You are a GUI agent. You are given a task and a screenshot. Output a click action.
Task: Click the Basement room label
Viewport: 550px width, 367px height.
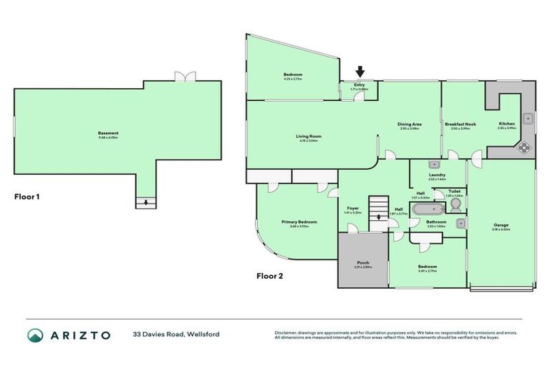tap(108, 133)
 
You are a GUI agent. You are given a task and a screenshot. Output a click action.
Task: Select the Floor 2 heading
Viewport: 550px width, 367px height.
tap(271, 275)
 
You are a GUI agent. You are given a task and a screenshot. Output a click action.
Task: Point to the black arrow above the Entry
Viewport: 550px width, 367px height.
tap(360, 71)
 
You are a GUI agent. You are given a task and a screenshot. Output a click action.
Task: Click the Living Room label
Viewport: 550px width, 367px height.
tap(309, 136)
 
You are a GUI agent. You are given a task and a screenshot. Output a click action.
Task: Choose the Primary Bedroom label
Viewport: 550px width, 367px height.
tap(299, 222)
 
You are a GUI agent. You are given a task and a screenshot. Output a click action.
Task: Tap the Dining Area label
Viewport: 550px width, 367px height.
tap(410, 125)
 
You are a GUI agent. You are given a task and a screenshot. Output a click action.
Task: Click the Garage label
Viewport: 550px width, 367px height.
tap(501, 226)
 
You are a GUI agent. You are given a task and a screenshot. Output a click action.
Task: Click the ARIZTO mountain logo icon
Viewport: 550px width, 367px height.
tap(35, 335)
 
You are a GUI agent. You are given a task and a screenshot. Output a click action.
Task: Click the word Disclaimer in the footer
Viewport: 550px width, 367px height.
tap(286, 333)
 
